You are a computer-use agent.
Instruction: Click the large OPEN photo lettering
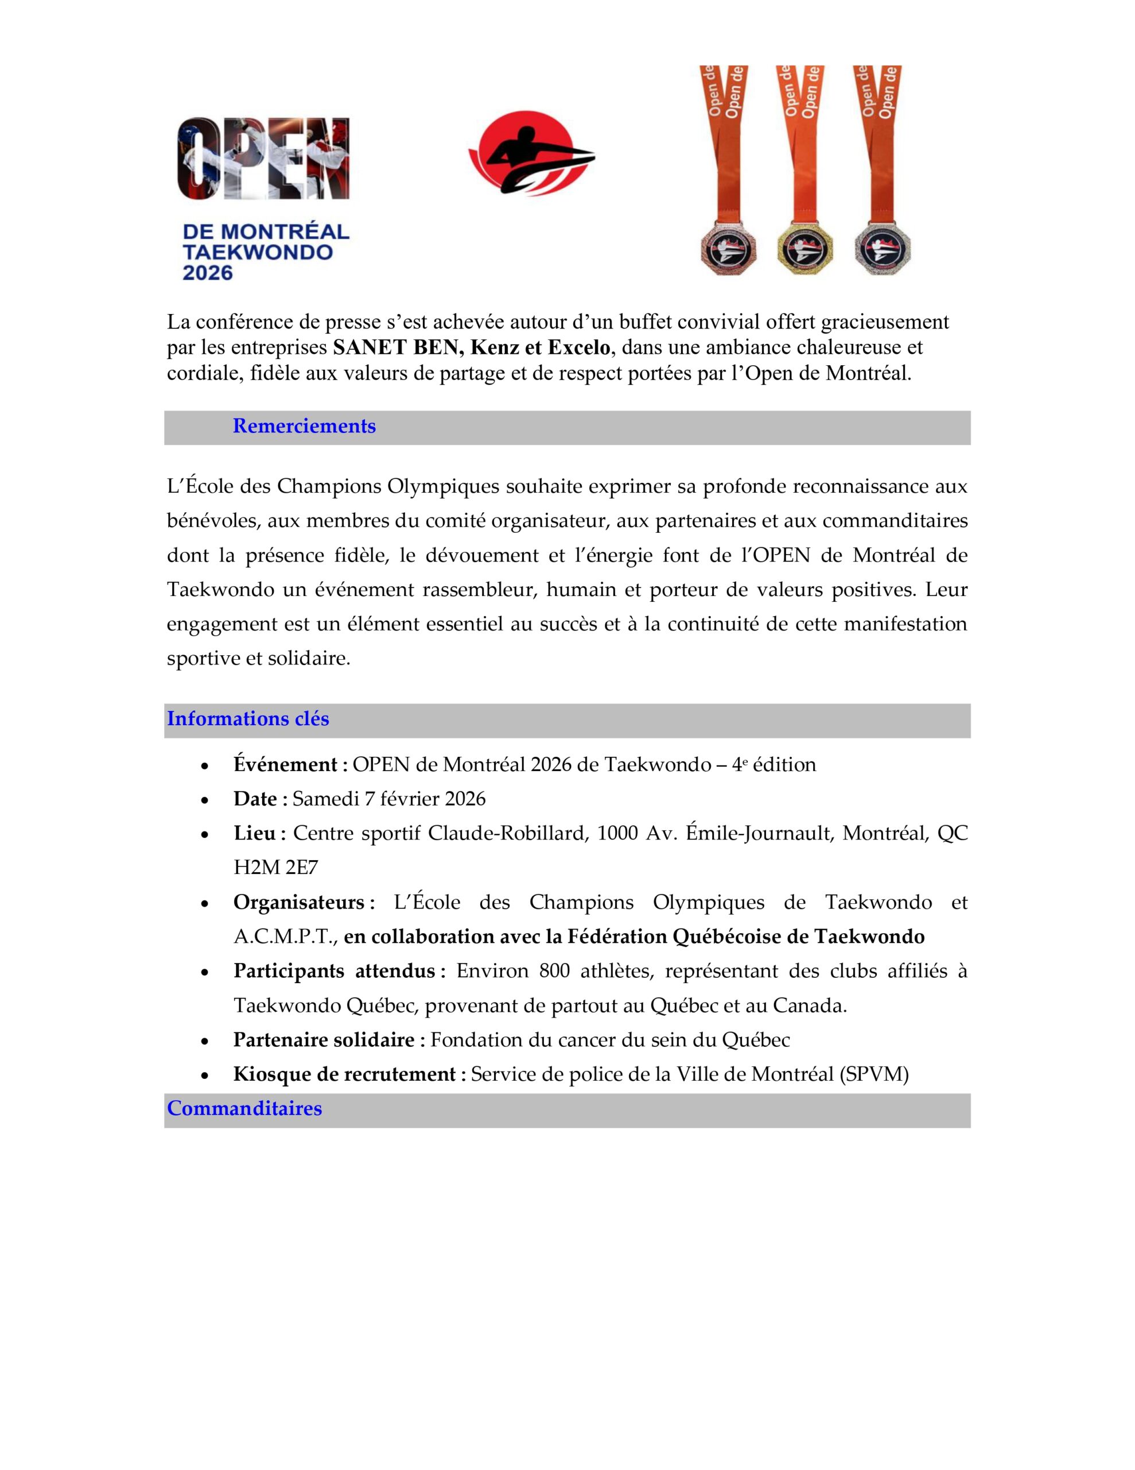click(263, 159)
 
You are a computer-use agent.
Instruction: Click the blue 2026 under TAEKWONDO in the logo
click(208, 273)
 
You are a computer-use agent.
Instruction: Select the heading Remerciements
click(304, 426)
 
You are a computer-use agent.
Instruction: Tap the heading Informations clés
click(247, 719)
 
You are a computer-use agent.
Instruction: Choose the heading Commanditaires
click(244, 1109)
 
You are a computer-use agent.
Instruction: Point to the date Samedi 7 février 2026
click(389, 799)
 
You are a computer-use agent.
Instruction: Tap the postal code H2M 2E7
click(275, 868)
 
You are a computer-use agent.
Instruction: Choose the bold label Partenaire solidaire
click(328, 1039)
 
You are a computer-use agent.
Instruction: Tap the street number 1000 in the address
click(616, 833)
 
